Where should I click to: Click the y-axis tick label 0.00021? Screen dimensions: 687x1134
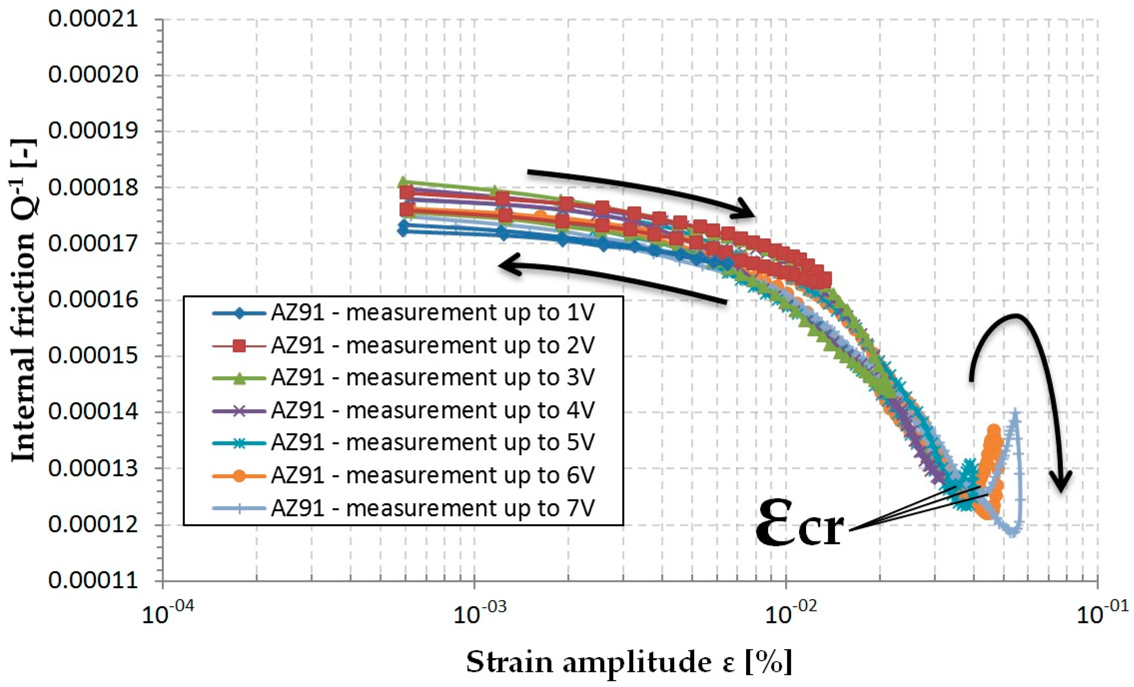(x=93, y=19)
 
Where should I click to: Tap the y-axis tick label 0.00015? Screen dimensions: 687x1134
(x=93, y=356)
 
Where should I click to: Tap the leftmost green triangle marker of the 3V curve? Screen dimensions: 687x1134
(x=403, y=181)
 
